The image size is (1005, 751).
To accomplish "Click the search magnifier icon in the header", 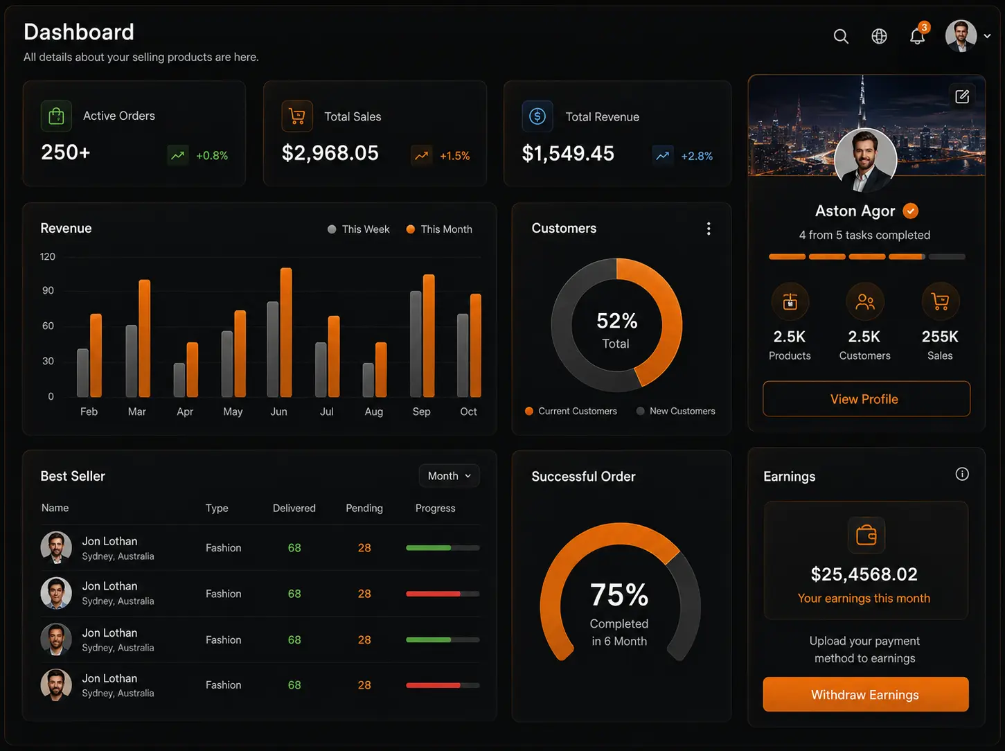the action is coord(841,36).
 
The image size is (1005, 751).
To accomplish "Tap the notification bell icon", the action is coord(917,36).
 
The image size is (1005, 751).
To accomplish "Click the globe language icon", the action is coord(879,36).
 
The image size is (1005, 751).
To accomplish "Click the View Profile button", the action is coord(866,399).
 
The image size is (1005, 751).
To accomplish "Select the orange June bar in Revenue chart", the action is coord(286,333).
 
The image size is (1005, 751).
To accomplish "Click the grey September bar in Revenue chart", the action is coord(416,344).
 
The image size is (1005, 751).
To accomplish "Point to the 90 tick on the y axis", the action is coord(48,290).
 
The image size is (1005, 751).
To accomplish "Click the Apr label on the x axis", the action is coord(185,412).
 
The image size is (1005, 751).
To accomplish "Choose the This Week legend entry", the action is coord(359,229).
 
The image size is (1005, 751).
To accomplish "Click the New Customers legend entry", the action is coord(676,412).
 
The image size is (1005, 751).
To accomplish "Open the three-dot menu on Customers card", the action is coord(709,229).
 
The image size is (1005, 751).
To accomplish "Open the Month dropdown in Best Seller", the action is coord(449,476).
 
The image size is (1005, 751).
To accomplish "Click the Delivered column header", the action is coord(294,508).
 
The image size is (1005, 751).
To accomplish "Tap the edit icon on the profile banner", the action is coord(962,96).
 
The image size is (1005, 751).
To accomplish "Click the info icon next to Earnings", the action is coord(962,474).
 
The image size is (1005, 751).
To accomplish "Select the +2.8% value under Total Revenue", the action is coord(697,156).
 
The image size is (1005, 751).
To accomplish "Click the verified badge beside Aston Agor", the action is coord(910,211).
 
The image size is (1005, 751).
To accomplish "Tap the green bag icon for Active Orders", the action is coord(56,116).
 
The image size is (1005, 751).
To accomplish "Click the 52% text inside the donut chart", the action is coord(616,321).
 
